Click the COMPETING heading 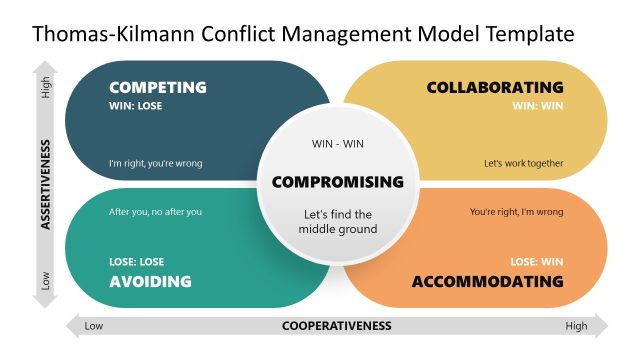point(157,87)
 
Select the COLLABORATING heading point(495,87)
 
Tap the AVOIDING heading point(150,281)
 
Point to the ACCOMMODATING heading point(488,281)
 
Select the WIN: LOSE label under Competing point(136,106)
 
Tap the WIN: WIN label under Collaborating point(538,106)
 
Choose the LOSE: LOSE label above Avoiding point(137,262)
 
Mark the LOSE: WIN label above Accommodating point(537,262)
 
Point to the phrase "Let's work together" point(524,164)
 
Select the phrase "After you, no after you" point(155,212)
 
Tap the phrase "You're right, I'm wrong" point(516,212)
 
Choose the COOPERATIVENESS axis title point(337,325)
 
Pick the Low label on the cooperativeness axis point(94,325)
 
